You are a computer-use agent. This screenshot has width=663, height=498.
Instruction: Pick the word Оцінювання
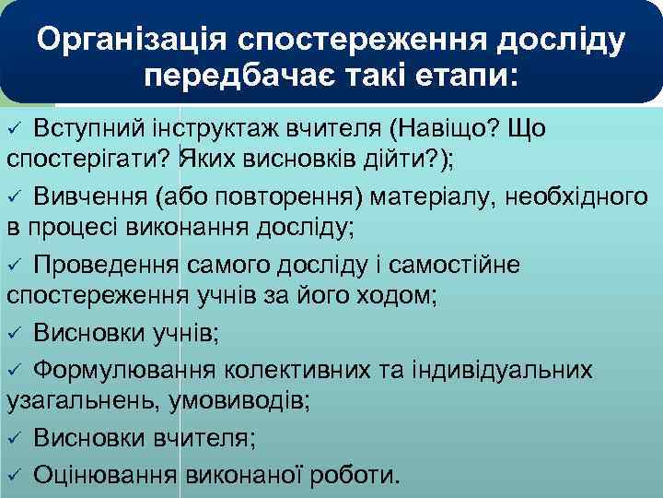click(x=104, y=475)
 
